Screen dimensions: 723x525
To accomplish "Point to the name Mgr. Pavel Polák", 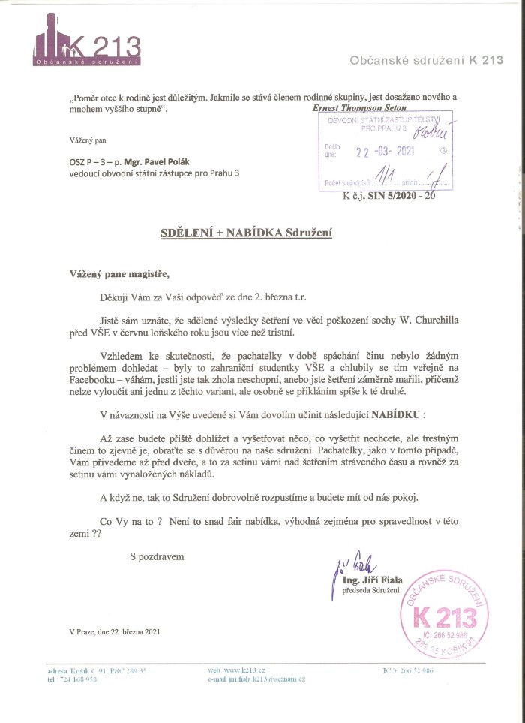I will pyautogui.click(x=140, y=162).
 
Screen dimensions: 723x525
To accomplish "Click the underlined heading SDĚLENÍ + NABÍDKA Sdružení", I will pyautogui.click(x=246, y=233).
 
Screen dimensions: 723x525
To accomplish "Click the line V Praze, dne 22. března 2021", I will pyautogui.click(x=114, y=632).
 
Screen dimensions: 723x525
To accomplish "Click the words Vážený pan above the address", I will pyautogui.click(x=84, y=140).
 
